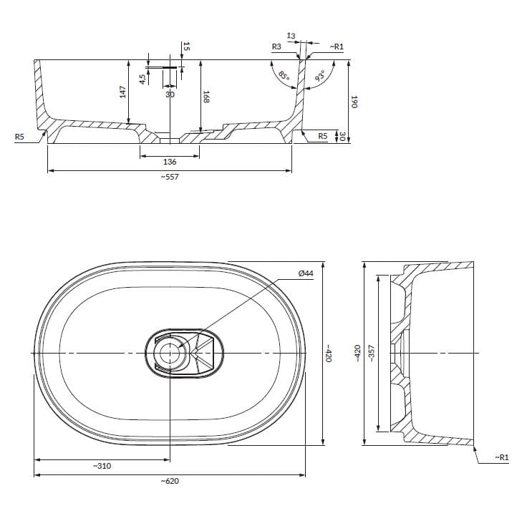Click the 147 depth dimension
[x=122, y=92]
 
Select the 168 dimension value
[x=206, y=97]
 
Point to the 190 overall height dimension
[x=353, y=101]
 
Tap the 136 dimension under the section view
[x=170, y=162]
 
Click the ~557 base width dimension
[x=169, y=177]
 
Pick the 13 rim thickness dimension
[x=291, y=35]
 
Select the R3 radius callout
[x=276, y=47]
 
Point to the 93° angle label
[x=320, y=77]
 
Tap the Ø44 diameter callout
[x=306, y=274]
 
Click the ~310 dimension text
[x=102, y=465]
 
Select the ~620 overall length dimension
[x=169, y=481]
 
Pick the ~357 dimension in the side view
[x=372, y=354]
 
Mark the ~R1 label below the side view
[x=501, y=457]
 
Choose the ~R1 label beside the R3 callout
[x=337, y=47]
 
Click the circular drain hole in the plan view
[x=170, y=353]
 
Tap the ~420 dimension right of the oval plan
[x=329, y=354]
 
